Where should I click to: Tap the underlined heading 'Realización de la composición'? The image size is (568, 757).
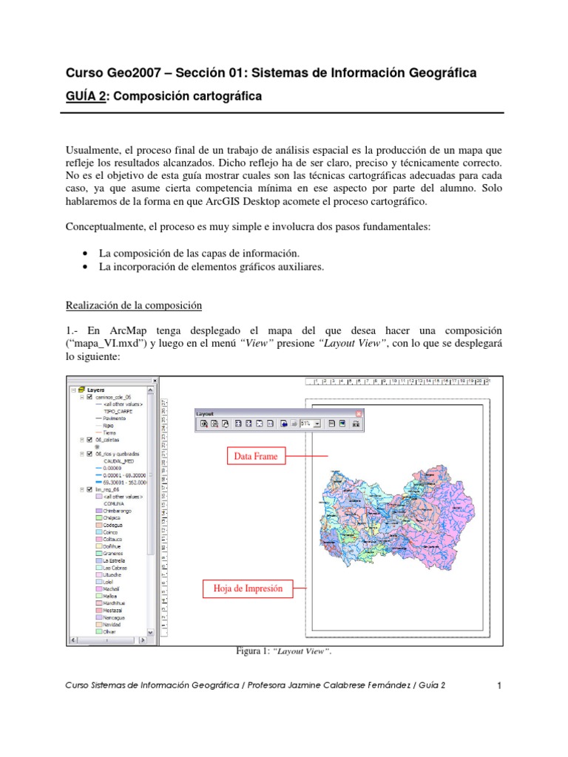click(x=134, y=305)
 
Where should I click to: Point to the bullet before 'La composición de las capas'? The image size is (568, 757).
click(x=89, y=254)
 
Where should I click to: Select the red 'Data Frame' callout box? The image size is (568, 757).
click(x=256, y=456)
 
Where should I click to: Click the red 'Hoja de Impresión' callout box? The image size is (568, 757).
click(x=247, y=589)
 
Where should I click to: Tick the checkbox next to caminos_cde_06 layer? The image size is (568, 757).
click(x=89, y=397)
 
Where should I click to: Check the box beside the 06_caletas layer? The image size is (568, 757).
click(x=89, y=439)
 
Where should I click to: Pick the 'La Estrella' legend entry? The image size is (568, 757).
click(x=110, y=560)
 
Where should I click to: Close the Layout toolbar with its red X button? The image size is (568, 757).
click(x=359, y=413)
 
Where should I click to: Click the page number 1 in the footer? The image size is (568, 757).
click(x=499, y=686)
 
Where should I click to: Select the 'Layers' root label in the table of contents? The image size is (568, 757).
click(x=95, y=390)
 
